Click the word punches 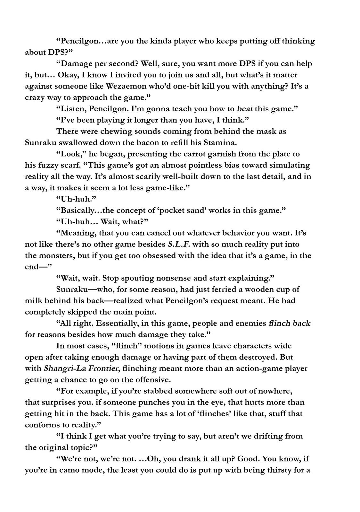coord(152,402)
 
